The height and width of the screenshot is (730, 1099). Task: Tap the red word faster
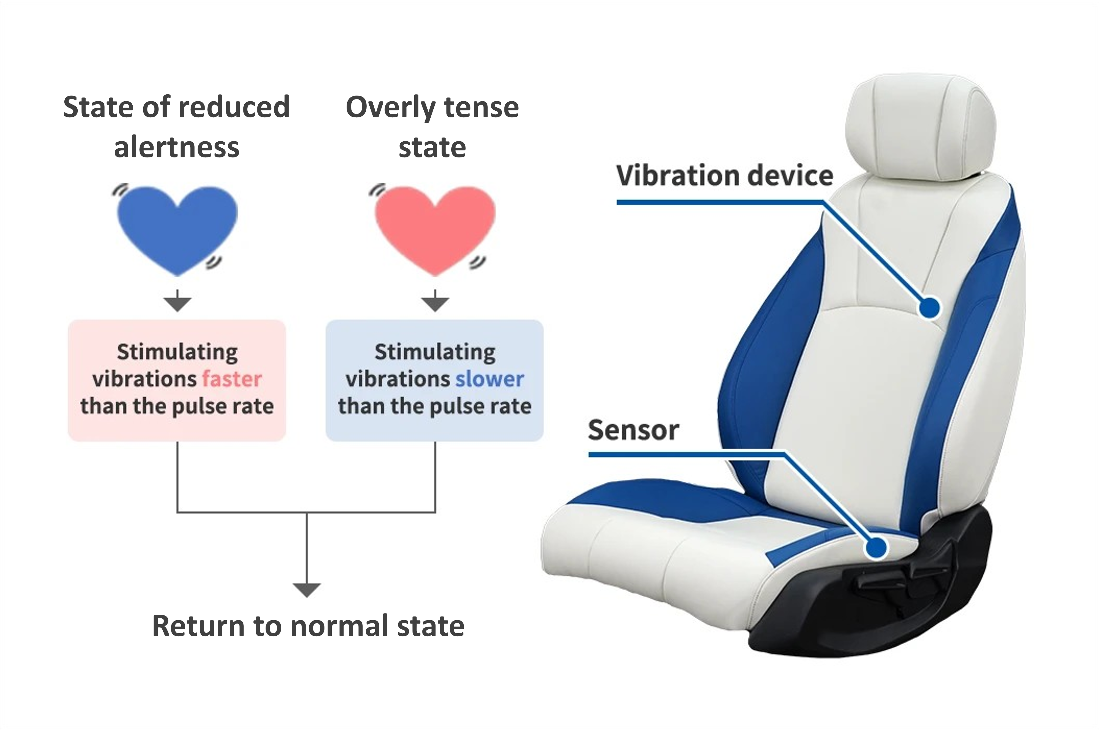pyautogui.click(x=232, y=379)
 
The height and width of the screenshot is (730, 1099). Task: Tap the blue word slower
pyautogui.click(x=490, y=379)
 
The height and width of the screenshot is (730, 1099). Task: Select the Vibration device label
pyautogui.click(x=724, y=176)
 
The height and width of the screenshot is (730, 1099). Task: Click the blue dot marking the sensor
pyautogui.click(x=877, y=547)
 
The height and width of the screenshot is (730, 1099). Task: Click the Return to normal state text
pyautogui.click(x=308, y=626)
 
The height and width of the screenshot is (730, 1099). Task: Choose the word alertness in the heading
pyautogui.click(x=177, y=148)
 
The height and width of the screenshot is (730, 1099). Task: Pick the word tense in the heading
pyautogui.click(x=481, y=108)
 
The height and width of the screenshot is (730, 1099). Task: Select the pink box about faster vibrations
pyautogui.click(x=177, y=380)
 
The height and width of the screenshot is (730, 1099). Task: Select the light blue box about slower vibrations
pyautogui.click(x=435, y=380)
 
